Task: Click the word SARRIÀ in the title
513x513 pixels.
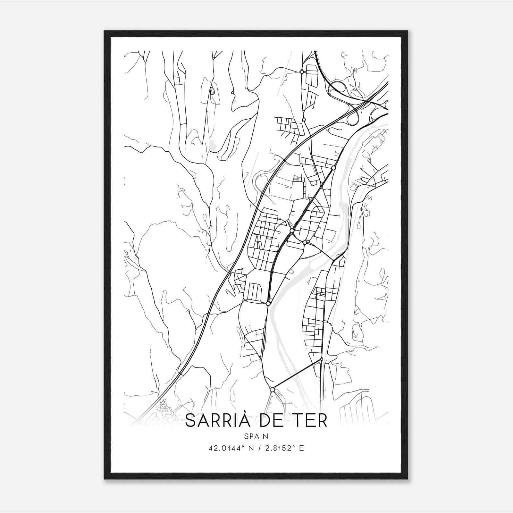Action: click(x=218, y=421)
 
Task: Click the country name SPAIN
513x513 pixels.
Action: click(x=256, y=436)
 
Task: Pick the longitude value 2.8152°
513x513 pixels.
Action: click(x=279, y=448)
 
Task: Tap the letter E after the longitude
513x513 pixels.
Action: click(x=301, y=448)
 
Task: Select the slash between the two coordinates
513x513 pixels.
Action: click(x=258, y=448)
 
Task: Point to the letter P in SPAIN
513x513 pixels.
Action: click(x=251, y=436)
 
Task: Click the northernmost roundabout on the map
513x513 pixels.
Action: click(x=302, y=72)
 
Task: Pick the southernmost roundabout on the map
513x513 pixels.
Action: click(x=272, y=390)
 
